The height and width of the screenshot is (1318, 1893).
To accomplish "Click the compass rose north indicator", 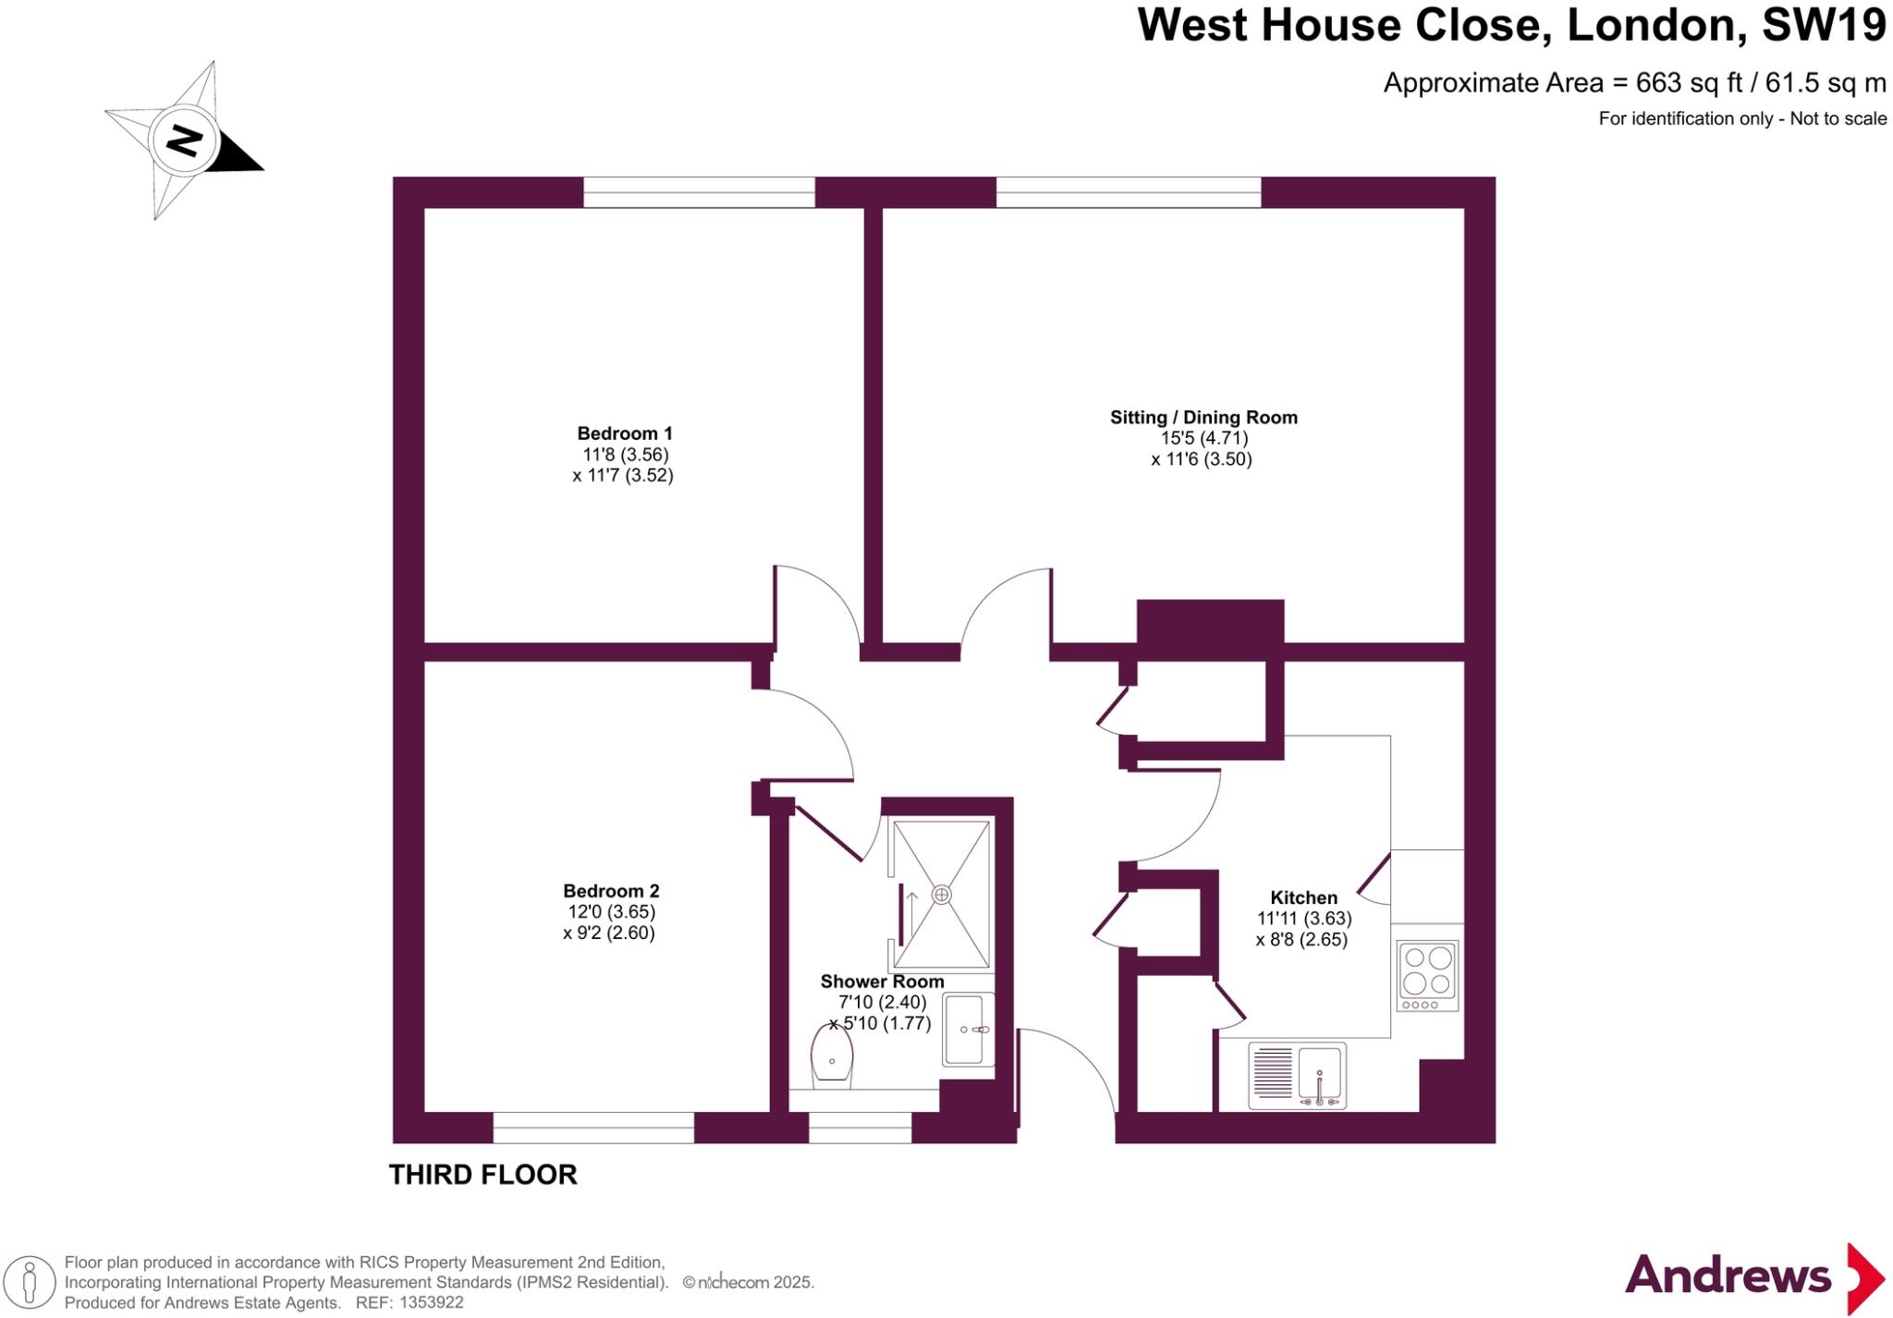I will point(184,141).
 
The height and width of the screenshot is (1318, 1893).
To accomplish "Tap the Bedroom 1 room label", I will point(625,433).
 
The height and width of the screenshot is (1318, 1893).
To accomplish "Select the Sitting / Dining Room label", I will point(1203,418).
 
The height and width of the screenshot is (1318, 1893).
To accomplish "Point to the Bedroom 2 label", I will point(611,891).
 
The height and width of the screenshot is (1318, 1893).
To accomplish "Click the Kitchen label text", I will point(1303,897).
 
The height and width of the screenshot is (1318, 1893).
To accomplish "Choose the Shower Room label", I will point(882,982).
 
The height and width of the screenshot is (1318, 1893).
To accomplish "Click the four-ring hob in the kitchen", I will point(1427,975).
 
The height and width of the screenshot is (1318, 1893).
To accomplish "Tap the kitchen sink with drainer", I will point(1297,1076).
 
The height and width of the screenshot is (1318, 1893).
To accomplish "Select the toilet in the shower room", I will point(832,1056).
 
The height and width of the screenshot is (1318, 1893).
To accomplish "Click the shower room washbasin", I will point(968,1029).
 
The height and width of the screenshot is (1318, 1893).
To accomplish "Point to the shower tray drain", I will point(941,895).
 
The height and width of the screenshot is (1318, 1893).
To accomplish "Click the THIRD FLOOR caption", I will point(482,1175).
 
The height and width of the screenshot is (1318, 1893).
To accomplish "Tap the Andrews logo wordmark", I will point(1728,1276).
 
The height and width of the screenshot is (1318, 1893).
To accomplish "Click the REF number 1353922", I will point(431,1303).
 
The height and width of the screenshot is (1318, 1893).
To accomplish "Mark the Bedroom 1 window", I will point(699,192).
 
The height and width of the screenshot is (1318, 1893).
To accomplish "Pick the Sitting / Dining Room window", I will point(1128,192).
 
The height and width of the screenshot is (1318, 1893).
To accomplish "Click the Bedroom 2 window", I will point(593,1128).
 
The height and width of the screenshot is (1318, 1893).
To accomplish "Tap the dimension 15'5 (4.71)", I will point(1204,438).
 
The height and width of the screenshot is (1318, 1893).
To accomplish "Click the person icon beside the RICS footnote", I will point(30,1283).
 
